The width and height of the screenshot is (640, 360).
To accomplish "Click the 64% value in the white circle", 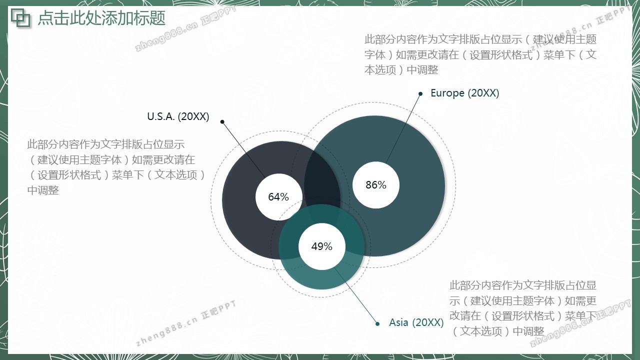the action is (x=278, y=197).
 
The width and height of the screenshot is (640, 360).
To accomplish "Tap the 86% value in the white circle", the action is (x=376, y=185).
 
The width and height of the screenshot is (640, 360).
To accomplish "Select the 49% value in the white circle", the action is (x=321, y=246).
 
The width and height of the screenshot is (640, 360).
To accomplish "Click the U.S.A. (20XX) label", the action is (x=178, y=116).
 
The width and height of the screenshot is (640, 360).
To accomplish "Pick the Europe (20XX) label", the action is (x=465, y=93).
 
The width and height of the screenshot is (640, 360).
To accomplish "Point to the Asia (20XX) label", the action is (x=416, y=322).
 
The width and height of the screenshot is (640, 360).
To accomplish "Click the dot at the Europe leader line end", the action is (x=420, y=93).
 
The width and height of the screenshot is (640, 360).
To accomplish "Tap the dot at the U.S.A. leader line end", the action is (x=222, y=122).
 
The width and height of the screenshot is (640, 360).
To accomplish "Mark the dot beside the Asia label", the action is (x=377, y=323).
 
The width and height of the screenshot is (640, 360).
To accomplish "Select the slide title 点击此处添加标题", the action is (x=101, y=18).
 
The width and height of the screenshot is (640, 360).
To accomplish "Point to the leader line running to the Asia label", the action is (x=356, y=295).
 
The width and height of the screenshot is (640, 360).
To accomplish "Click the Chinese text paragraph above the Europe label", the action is (x=480, y=54).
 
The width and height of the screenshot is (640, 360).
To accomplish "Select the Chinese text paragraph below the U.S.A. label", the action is (x=116, y=167).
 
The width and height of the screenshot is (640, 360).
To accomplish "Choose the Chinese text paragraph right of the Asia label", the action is (x=523, y=308).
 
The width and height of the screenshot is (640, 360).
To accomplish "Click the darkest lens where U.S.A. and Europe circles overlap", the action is (x=322, y=185).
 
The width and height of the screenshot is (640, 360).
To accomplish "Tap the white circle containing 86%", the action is (x=376, y=185).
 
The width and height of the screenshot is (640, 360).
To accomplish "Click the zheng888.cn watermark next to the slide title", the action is (x=185, y=29).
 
